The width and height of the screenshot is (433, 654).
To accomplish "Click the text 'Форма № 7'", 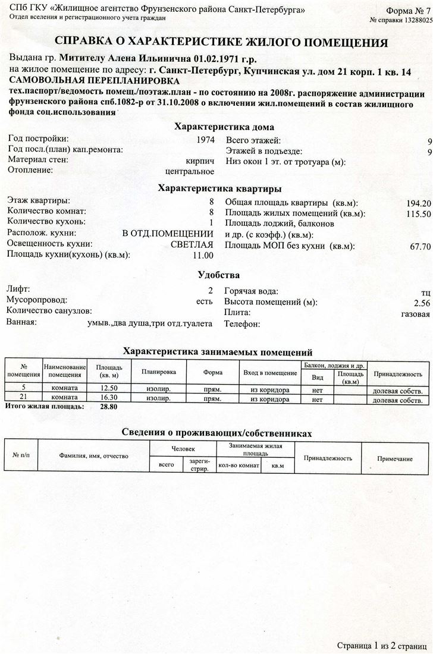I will tap(408, 11).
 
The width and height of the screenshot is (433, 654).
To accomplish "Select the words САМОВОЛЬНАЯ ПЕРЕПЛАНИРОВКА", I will tap(93, 81).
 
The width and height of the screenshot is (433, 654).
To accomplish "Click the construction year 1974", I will tap(205, 140).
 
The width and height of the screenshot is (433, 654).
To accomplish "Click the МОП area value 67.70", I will tap(420, 246).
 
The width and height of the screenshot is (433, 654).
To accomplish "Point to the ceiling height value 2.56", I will tap(422, 303).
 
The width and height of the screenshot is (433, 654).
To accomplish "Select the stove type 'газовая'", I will tap(415, 313).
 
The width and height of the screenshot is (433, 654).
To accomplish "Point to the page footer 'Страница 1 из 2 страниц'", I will tap(382, 645).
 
